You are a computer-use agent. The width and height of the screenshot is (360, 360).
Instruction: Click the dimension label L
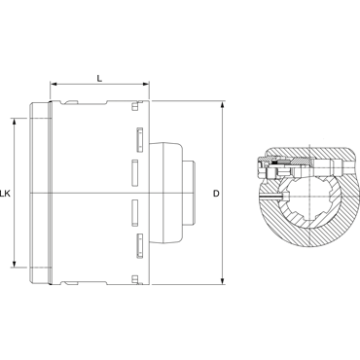click(x=100, y=78)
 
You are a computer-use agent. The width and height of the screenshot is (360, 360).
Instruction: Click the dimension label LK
click(x=5, y=194)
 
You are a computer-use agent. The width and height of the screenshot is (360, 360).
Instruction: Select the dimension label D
click(x=216, y=194)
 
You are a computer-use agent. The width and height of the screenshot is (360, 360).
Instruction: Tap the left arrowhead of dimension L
click(x=54, y=85)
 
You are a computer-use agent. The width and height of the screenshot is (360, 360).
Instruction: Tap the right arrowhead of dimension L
click(x=146, y=85)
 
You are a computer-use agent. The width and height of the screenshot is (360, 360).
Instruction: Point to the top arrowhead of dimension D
click(x=223, y=105)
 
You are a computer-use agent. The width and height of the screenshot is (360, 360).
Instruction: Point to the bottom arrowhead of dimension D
click(x=223, y=281)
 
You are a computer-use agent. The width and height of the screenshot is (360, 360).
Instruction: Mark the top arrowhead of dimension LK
click(x=14, y=123)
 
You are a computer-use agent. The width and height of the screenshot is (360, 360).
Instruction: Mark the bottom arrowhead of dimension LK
click(x=14, y=264)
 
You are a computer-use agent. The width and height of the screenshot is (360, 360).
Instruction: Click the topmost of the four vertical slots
click(x=140, y=140)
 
